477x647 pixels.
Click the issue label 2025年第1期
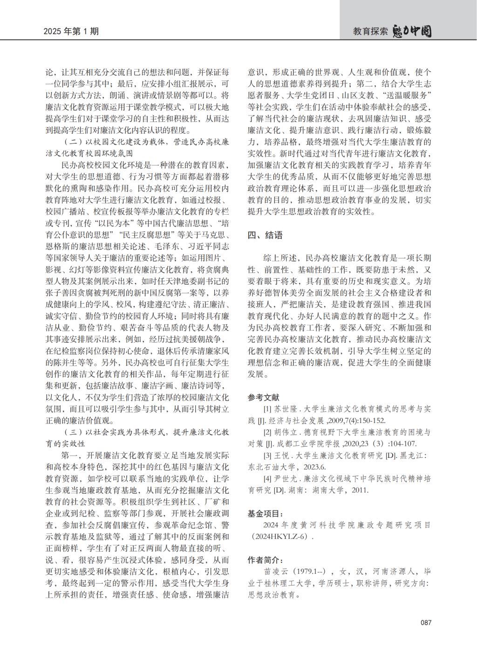click(71, 32)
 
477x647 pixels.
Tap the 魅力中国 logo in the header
click(412, 31)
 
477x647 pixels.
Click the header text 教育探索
click(370, 32)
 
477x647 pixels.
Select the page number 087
click(426, 623)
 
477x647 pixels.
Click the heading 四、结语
click(265, 235)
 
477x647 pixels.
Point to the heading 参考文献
click(263, 397)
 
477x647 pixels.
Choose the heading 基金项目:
click(265, 513)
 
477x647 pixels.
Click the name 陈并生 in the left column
click(57, 361)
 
